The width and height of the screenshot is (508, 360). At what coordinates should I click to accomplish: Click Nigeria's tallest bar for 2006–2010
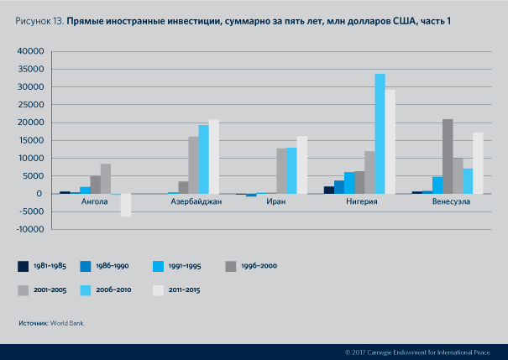pyautogui.click(x=380, y=134)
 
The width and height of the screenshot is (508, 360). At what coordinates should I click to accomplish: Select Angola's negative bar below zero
pyautogui.click(x=126, y=205)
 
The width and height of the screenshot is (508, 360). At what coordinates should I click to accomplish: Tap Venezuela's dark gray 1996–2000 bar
pyautogui.click(x=448, y=156)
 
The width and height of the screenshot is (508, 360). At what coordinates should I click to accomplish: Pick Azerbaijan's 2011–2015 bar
pyautogui.click(x=214, y=156)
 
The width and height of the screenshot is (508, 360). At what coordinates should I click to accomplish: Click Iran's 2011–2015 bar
pyautogui.click(x=301, y=164)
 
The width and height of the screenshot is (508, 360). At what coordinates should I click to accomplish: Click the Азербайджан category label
pyautogui.click(x=196, y=202)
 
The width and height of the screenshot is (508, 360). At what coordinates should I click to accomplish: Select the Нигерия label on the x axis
pyautogui.click(x=361, y=202)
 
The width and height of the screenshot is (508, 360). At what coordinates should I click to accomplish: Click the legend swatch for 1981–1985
pyautogui.click(x=24, y=266)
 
